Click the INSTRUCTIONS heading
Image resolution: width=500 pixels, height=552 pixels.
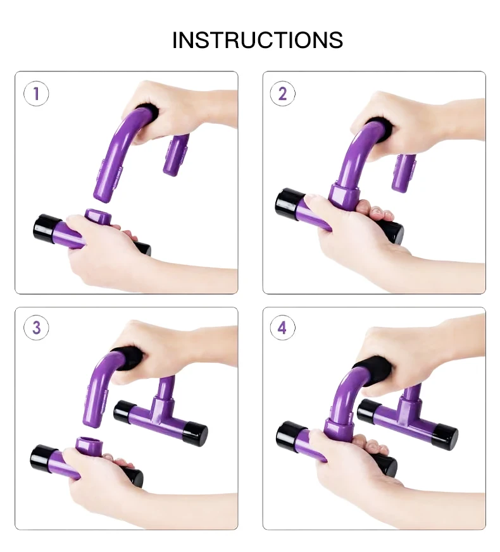pyautogui.click(x=257, y=40)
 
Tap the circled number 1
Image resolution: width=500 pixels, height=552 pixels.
pyautogui.click(x=36, y=94)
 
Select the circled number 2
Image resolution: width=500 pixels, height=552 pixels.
pyautogui.click(x=282, y=94)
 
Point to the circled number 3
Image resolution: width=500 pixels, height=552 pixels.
pyautogui.click(x=36, y=328)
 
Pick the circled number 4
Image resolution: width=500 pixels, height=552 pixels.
pyautogui.click(x=282, y=328)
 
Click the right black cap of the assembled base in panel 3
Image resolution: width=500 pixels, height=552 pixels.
pyautogui.click(x=195, y=434)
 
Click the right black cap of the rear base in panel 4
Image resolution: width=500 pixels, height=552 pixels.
pyautogui.click(x=445, y=435)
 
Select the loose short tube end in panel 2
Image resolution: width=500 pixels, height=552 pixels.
pyautogui.click(x=404, y=173)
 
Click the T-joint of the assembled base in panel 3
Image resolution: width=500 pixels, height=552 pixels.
pyautogui.click(x=162, y=408)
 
